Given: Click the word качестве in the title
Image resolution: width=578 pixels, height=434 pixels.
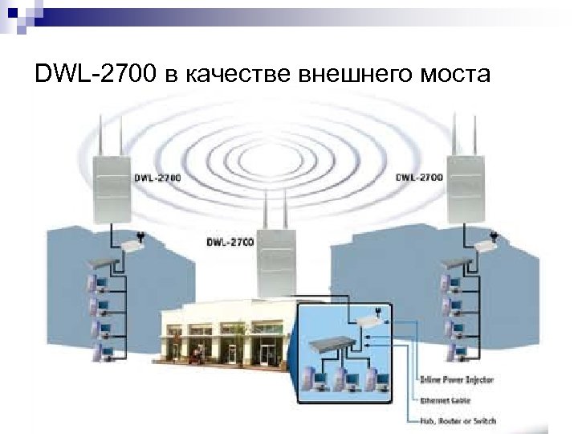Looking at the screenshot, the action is (x=239, y=76).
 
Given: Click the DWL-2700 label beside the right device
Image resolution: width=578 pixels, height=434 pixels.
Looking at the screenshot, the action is (x=418, y=177).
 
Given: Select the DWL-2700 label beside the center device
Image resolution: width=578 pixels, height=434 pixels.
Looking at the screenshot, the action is (x=230, y=240).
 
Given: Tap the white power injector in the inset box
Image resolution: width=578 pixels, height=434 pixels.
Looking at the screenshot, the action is (x=370, y=319).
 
